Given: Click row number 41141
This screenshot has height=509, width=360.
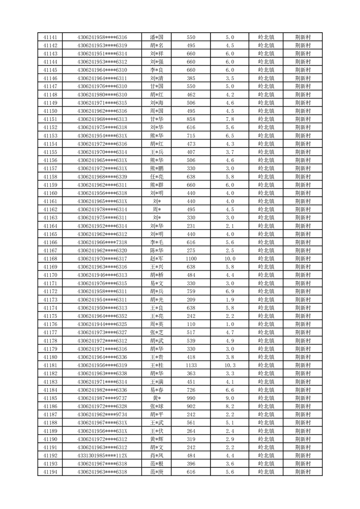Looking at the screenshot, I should (50, 37).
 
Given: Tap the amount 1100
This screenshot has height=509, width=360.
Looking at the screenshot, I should (191, 259).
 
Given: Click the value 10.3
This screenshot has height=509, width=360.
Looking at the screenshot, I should (229, 365).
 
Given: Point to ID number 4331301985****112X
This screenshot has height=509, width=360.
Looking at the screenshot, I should (102, 455).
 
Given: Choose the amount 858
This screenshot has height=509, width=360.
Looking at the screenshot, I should (191, 119).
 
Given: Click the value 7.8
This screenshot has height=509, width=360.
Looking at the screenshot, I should (229, 119).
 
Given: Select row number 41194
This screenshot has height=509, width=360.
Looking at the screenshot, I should (50, 472).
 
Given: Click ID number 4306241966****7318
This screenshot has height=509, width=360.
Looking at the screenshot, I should (102, 242).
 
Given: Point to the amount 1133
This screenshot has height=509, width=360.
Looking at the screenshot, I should (191, 365).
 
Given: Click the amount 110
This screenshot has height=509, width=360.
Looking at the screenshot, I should (191, 324).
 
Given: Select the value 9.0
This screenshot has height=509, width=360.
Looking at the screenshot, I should (229, 398).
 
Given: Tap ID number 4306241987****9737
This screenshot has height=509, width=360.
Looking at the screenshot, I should (102, 398).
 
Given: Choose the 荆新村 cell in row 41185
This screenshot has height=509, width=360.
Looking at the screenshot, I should (302, 398).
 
